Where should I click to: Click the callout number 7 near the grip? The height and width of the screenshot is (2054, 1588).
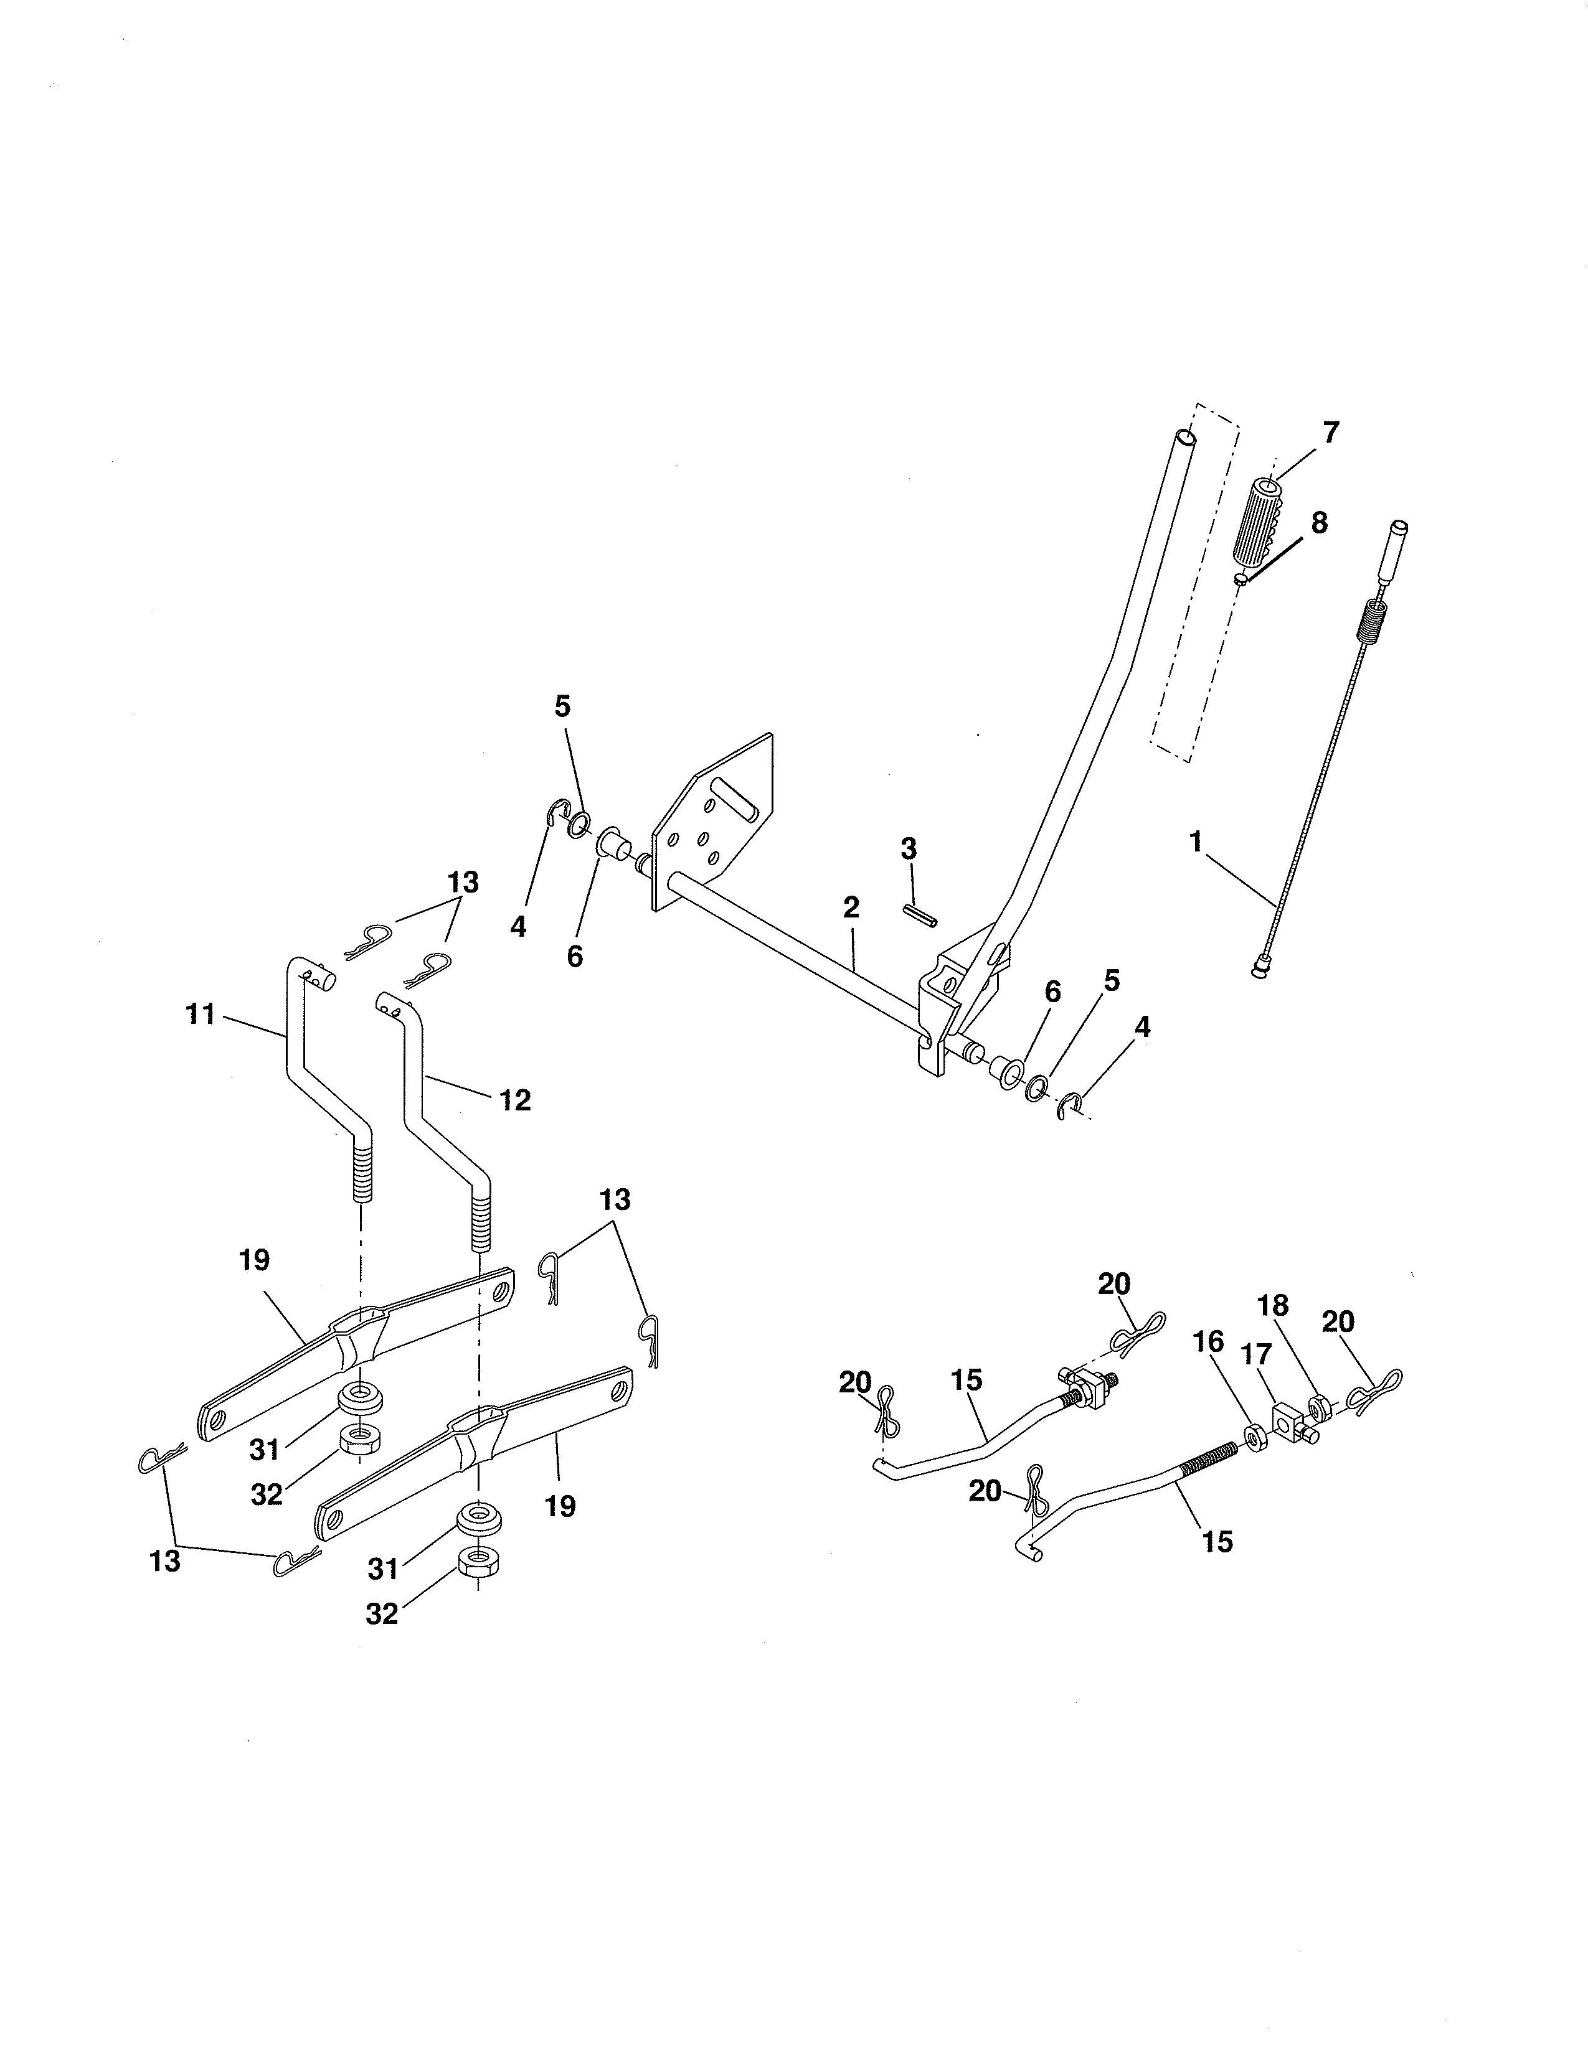point(1330,433)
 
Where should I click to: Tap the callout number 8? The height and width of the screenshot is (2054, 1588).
point(1319,523)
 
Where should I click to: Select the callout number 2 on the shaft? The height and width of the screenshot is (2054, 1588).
point(851,907)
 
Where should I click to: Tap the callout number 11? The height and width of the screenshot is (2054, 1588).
point(201,1015)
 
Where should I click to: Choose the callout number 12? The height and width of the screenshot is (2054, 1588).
point(514,1099)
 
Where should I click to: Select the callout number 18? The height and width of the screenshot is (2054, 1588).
point(1273,1305)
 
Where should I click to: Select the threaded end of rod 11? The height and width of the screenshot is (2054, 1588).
point(362,1176)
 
